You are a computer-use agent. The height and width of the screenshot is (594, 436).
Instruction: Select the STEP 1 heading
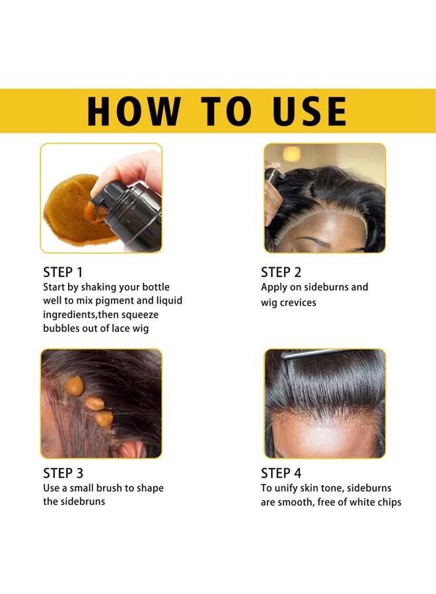pyautogui.click(x=63, y=272)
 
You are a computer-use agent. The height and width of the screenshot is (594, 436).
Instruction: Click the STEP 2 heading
pyautogui.click(x=281, y=272)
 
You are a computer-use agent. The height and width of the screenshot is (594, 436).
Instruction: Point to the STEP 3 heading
pyautogui.click(x=63, y=473)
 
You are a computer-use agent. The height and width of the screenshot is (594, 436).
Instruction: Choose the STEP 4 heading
pyautogui.click(x=281, y=473)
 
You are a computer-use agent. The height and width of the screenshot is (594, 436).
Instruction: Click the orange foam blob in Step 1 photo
pyautogui.click(x=69, y=210)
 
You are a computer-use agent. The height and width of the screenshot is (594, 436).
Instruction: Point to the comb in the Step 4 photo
pyautogui.click(x=310, y=354)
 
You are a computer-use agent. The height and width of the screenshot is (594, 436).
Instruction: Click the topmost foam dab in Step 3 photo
pyautogui.click(x=75, y=386)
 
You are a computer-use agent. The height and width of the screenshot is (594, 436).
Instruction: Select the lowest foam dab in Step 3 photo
pyautogui.click(x=104, y=418)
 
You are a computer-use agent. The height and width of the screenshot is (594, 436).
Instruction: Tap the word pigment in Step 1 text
pyautogui.click(x=126, y=300)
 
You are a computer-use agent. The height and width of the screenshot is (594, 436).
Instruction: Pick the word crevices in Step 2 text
pyautogui.click(x=297, y=302)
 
